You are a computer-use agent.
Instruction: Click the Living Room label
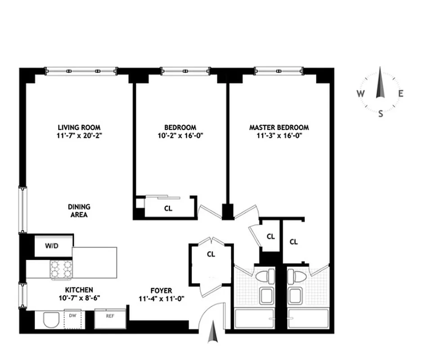[79, 127]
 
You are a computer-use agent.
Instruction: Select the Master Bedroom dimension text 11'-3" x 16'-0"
[279, 135]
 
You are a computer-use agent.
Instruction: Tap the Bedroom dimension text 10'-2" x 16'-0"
[180, 135]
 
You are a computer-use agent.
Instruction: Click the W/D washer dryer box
[52, 246]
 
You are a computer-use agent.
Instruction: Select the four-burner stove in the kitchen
[61, 269]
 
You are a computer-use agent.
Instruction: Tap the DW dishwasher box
[72, 316]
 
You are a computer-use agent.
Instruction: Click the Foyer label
[161, 291]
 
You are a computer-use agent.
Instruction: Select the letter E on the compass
[401, 94]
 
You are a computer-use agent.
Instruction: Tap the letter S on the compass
[381, 113]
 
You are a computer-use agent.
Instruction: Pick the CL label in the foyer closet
[210, 254]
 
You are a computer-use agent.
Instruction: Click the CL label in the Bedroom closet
[168, 208]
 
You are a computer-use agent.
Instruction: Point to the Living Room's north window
[81, 71]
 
